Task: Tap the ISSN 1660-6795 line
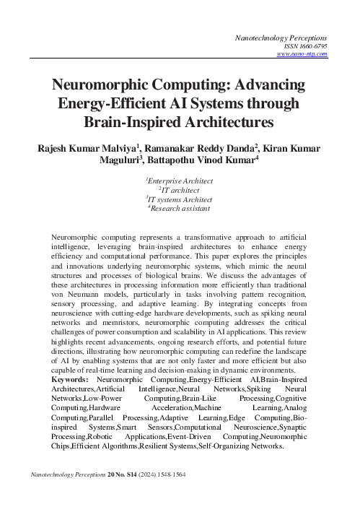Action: (305, 45)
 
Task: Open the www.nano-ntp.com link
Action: (302, 53)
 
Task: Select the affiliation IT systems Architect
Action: (180, 199)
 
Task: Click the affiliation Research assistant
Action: (180, 209)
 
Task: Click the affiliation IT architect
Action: (180, 188)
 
